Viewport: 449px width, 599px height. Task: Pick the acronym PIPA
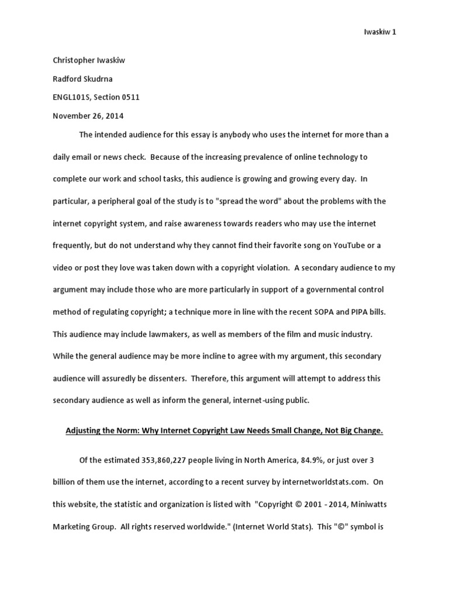click(x=367, y=312)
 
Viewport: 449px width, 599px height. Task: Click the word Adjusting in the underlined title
click(x=83, y=431)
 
